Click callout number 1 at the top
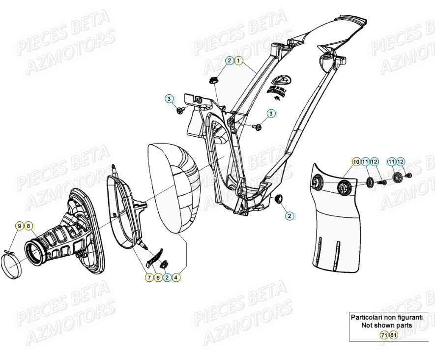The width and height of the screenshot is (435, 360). coord(238,61)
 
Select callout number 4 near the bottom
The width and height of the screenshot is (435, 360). coord(176,278)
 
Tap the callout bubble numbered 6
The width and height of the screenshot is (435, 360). coord(158,278)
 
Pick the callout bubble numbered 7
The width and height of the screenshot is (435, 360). coord(149,278)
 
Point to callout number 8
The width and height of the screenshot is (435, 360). coord(29,226)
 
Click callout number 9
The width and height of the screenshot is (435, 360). coord(20,226)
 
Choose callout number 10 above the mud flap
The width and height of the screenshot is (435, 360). coord(355,162)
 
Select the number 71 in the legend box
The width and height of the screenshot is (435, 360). coord(384,335)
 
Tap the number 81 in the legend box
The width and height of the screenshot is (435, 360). coord(393,335)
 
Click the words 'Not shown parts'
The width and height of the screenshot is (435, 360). coord(386,325)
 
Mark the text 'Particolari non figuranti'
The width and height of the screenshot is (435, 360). coord(386,318)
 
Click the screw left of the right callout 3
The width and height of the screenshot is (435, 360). coord(258,127)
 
